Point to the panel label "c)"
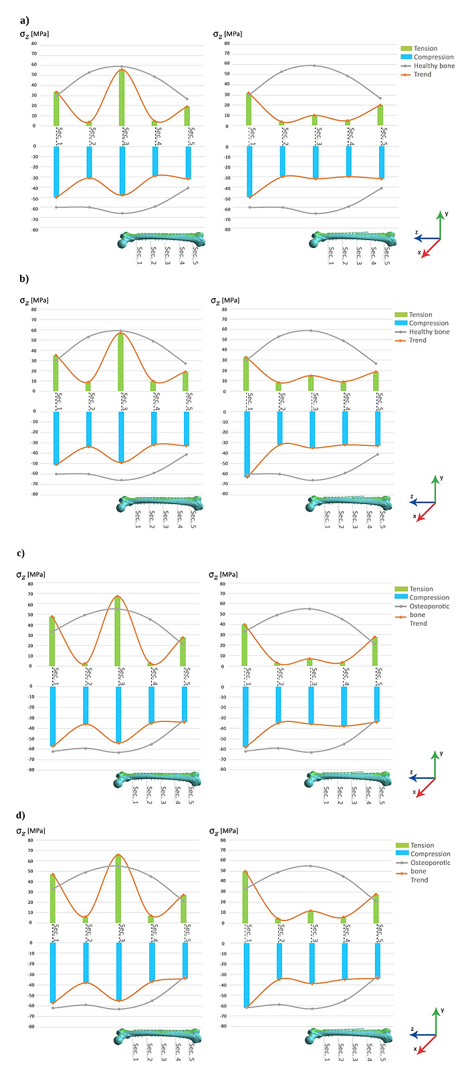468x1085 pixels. click(x=21, y=553)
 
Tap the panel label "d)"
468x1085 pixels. click(x=21, y=815)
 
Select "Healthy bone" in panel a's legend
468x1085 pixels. click(x=433, y=66)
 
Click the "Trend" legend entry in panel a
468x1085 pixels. click(x=422, y=74)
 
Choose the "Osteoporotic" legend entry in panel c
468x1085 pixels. click(x=429, y=606)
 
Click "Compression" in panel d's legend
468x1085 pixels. click(x=431, y=854)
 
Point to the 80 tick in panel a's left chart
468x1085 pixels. click(x=34, y=44)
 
